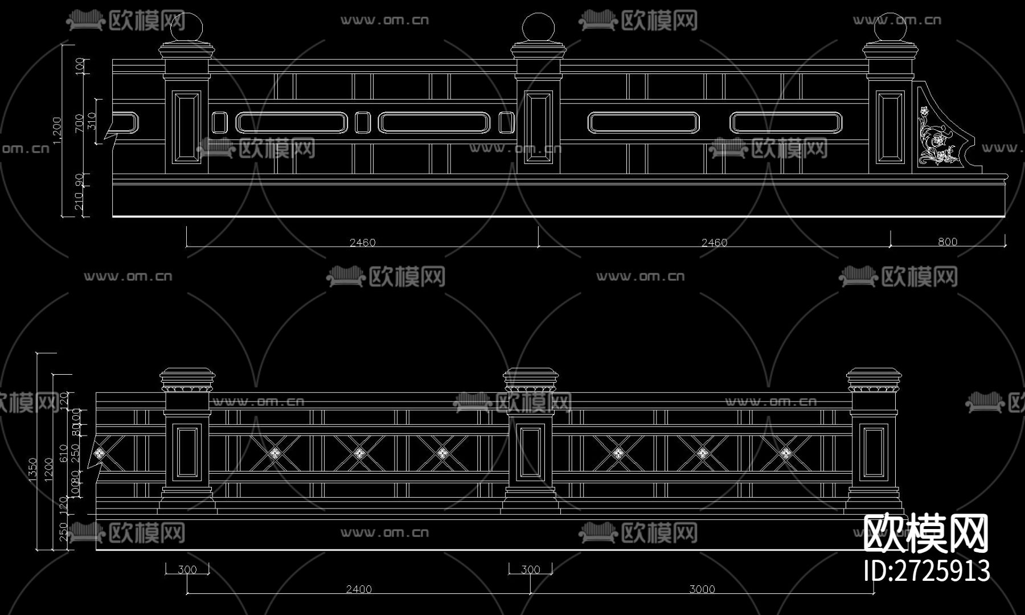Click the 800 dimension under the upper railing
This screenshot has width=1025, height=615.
tap(948, 242)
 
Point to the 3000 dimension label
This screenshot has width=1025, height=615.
tap(702, 589)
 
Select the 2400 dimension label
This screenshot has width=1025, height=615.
tap(359, 589)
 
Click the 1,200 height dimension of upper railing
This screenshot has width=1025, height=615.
tap(57, 130)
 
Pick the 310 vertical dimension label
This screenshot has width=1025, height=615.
tap(92, 121)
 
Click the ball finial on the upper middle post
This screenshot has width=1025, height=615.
tap(538, 27)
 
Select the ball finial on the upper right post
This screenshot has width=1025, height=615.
tap(890, 27)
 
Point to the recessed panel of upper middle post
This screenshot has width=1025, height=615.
tap(538, 127)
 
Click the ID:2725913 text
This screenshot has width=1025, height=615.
tap(926, 571)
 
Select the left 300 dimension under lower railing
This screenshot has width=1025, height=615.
tap(187, 569)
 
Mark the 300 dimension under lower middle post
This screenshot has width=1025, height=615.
tap(530, 569)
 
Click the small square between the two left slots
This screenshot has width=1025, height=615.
tap(362, 122)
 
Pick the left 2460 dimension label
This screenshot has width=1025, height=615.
tap(362, 243)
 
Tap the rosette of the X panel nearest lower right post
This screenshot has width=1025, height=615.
tap(786, 453)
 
